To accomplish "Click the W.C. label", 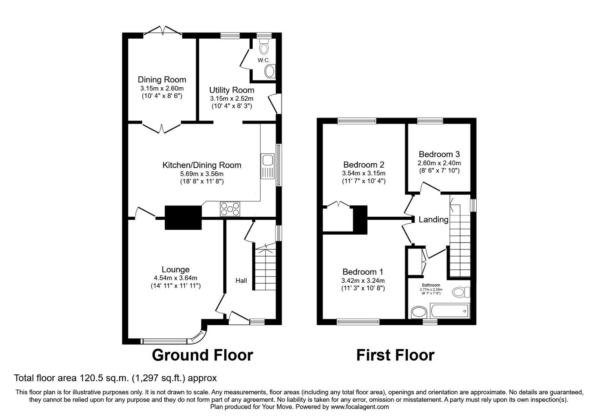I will (x=264, y=60).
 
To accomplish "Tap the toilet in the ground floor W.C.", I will (x=264, y=48).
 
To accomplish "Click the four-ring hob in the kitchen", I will (x=230, y=208).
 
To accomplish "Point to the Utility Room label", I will (x=231, y=90).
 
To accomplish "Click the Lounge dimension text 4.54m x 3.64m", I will (x=175, y=278).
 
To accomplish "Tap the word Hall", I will (x=241, y=281).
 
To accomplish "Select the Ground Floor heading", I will (x=202, y=355).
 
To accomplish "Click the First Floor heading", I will (x=395, y=355).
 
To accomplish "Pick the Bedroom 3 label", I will (x=439, y=154).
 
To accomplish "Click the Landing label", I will (x=433, y=220).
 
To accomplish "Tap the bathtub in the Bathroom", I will (x=450, y=311).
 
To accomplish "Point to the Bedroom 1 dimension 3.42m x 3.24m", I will (x=363, y=281).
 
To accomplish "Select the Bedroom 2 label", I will (x=364, y=165).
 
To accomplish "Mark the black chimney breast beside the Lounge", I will (x=183, y=217).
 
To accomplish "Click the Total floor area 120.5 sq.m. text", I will (x=115, y=378).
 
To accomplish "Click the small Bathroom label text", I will (x=431, y=285).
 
